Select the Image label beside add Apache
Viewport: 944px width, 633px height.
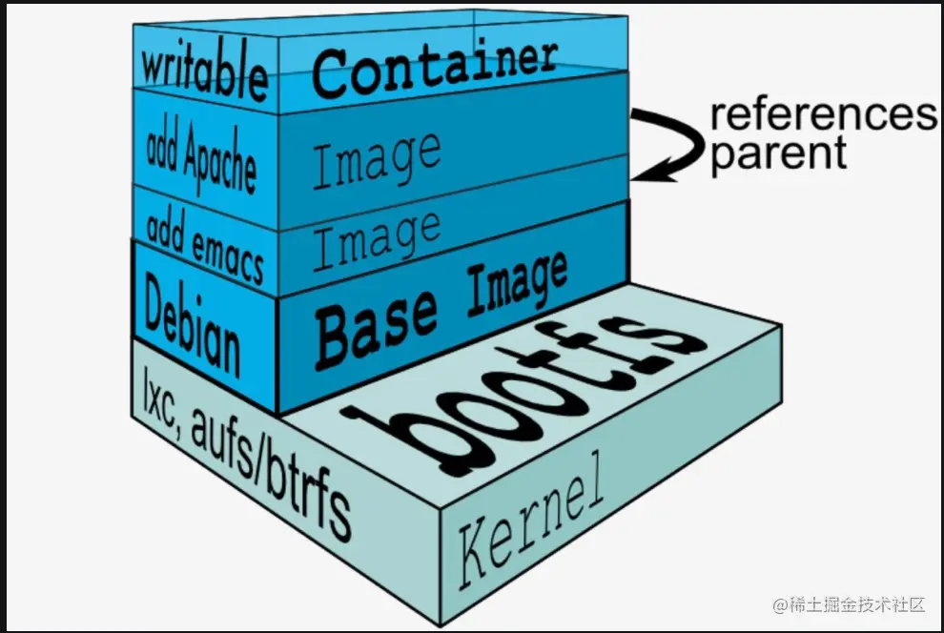(377, 159)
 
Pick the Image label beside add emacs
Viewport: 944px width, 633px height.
(377, 238)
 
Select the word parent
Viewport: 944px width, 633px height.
(778, 153)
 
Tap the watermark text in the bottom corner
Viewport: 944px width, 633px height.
(849, 605)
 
